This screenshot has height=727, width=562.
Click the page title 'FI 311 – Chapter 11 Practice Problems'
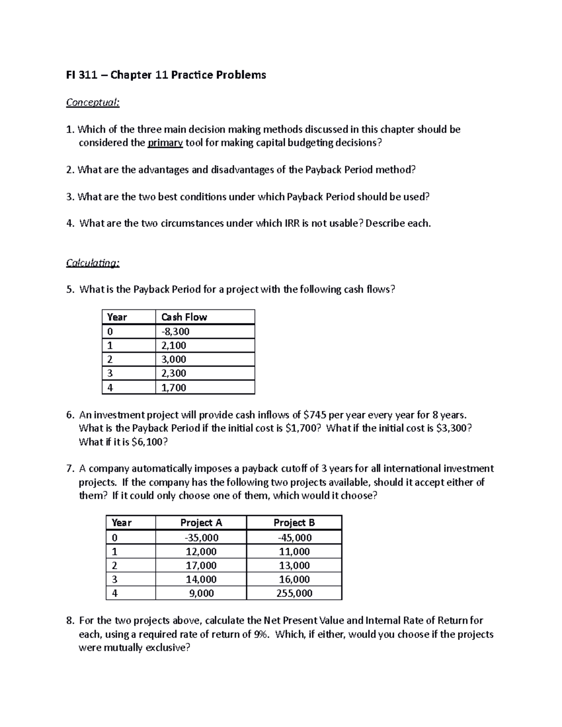coord(166,75)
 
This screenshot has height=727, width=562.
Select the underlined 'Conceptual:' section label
coord(93,103)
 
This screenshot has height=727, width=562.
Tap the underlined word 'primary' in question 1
coord(165,143)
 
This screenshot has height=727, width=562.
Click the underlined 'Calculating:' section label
coord(93,263)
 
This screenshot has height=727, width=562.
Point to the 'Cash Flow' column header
coord(184,317)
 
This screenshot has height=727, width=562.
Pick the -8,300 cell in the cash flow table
coord(175,332)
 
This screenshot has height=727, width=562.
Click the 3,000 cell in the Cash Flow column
coord(174,360)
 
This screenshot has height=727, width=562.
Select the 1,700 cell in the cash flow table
coord(174,388)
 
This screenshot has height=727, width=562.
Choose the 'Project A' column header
coord(201,523)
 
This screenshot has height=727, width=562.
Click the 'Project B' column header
coord(294,523)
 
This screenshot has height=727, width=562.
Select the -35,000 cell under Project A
coord(201,538)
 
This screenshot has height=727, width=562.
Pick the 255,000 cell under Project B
coord(294,594)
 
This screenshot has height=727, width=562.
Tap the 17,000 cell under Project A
coord(201,565)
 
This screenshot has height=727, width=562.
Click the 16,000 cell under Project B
coord(294,580)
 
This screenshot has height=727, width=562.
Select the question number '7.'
coord(70,469)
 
